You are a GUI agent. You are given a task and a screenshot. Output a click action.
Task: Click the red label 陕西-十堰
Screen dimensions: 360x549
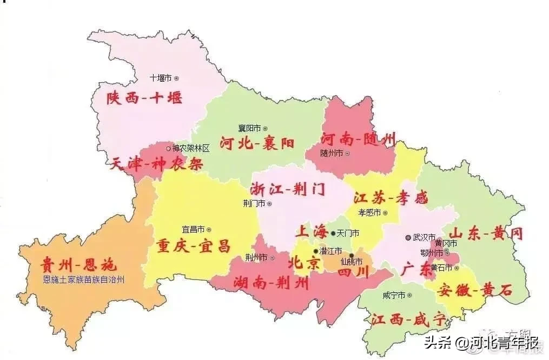144,98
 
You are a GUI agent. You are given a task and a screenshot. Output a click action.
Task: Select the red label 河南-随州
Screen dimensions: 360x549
358,139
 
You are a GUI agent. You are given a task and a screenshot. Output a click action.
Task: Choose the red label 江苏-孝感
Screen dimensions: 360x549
390,198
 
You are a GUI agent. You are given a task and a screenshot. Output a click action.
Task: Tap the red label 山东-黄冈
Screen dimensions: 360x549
487,234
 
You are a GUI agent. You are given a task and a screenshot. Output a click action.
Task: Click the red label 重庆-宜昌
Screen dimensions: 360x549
193,246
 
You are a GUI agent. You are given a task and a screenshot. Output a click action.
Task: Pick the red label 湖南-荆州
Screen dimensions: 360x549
271,282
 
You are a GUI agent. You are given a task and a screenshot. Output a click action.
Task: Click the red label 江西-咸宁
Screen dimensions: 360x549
408,319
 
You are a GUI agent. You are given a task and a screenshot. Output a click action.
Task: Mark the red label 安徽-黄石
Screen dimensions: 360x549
475,290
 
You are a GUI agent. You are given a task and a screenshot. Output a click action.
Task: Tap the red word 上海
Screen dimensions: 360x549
311,232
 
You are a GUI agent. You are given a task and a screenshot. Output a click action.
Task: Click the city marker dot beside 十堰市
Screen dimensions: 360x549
176,78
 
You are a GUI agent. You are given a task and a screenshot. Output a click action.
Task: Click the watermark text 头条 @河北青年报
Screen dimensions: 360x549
481,343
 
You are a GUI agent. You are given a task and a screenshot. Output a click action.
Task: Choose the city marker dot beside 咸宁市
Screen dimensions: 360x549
409,295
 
